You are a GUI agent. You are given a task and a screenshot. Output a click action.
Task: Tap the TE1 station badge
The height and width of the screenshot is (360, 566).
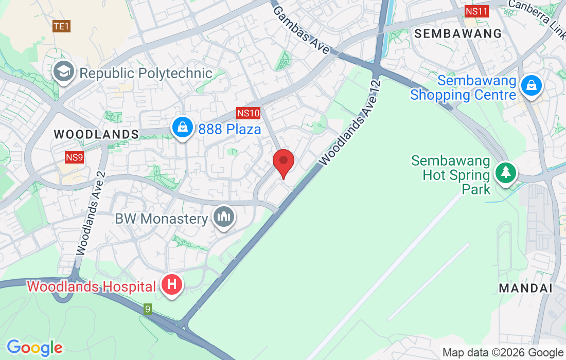pos(61,26)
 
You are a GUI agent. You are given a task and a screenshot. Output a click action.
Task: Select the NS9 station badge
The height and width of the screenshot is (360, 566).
pos(74,157)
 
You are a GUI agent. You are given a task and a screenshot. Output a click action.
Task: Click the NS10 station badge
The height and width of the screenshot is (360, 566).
pos(249,113)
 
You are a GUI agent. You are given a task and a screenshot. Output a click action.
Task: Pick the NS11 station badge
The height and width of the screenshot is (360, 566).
pos(476,11)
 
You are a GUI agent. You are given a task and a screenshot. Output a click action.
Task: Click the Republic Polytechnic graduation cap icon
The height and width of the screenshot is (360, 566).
pos(64,73)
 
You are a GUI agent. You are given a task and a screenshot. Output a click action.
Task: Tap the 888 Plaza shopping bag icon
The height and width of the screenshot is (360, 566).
pos(182,128)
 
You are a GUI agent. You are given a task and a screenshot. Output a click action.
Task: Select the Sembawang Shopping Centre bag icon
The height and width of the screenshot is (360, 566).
pos(531,86)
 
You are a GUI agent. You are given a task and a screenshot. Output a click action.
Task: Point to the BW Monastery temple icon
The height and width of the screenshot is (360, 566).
pos(224,218)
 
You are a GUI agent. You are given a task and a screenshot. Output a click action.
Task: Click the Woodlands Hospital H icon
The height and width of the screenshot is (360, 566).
pos(172,284)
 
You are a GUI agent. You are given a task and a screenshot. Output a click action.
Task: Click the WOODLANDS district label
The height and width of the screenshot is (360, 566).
pos(96,135)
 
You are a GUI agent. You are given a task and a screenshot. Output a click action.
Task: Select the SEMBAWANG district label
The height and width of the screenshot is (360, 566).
pos(458,34)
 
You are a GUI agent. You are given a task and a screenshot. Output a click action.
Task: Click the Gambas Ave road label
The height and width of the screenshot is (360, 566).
pos(302,30)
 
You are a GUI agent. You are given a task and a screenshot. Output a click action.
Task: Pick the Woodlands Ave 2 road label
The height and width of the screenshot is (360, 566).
pos(91,213)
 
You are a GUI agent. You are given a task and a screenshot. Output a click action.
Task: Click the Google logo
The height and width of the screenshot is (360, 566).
pos(34,348)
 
